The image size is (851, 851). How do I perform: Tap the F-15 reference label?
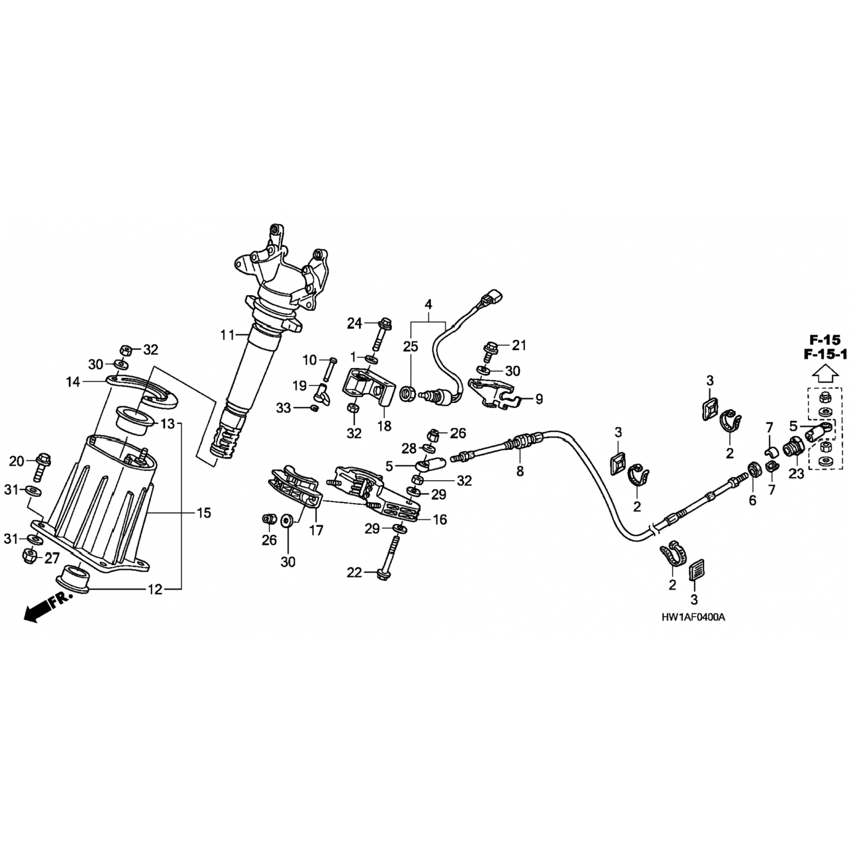tap(824, 340)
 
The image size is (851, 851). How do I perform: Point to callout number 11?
tap(227, 335)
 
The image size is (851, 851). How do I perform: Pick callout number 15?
tap(204, 513)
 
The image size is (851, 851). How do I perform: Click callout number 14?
tap(73, 382)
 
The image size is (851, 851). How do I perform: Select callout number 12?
tap(155, 589)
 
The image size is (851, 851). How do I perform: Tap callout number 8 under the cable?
tap(520, 470)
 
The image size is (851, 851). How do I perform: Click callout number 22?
tap(354, 573)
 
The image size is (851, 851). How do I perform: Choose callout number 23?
tap(797, 473)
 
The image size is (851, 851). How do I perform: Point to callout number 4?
tap(428, 304)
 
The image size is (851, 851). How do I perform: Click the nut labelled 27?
tap(31, 557)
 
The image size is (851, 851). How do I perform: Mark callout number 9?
tap(538, 399)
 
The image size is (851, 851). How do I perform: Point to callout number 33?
tap(284, 407)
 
